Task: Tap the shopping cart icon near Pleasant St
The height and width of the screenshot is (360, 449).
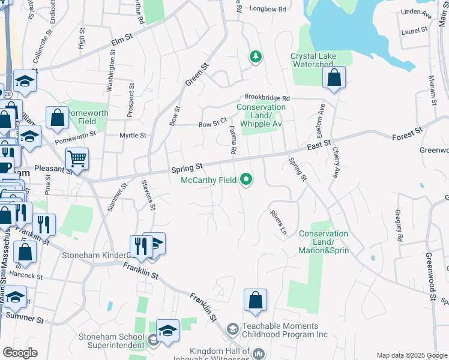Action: click(x=77, y=160)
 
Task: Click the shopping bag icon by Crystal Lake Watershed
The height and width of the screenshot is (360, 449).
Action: click(x=334, y=77)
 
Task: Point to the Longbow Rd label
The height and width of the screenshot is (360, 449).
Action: click(x=267, y=9)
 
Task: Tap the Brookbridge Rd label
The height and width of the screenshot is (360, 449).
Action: click(x=267, y=98)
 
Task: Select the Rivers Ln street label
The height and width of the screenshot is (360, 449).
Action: click(x=277, y=221)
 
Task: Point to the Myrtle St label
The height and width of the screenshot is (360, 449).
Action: click(x=133, y=136)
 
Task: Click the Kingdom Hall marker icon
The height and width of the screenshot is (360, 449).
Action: click(x=259, y=354)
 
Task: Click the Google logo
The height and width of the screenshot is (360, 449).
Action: click(x=20, y=353)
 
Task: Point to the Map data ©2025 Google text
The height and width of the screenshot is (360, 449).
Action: click(x=411, y=355)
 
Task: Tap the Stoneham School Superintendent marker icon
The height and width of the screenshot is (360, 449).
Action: click(x=153, y=341)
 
